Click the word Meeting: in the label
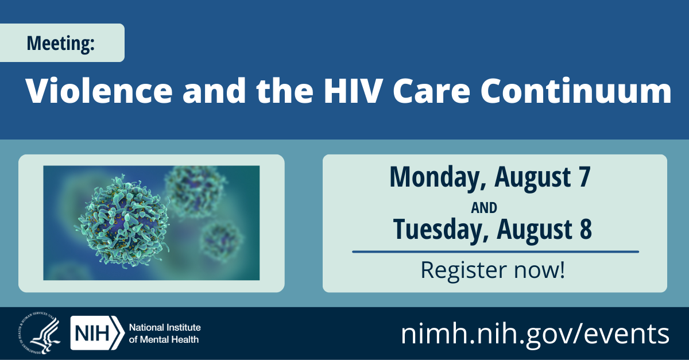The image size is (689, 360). [x=60, y=43]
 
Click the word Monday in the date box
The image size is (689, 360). [x=433, y=177]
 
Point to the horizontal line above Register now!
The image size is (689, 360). [x=495, y=251]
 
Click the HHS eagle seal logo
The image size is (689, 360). [x=38, y=334]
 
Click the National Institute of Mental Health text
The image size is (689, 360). [x=164, y=333]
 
